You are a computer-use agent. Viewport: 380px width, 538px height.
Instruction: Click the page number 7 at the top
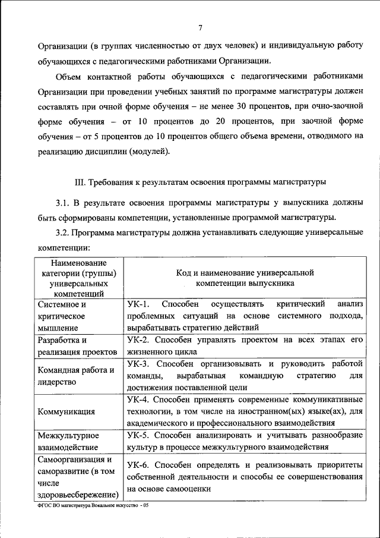point(201,28)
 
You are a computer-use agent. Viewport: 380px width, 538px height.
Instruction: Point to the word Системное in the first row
point(58,304)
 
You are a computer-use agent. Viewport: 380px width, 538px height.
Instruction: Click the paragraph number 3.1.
point(63,202)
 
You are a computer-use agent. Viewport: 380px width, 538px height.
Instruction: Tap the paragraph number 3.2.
point(63,232)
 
